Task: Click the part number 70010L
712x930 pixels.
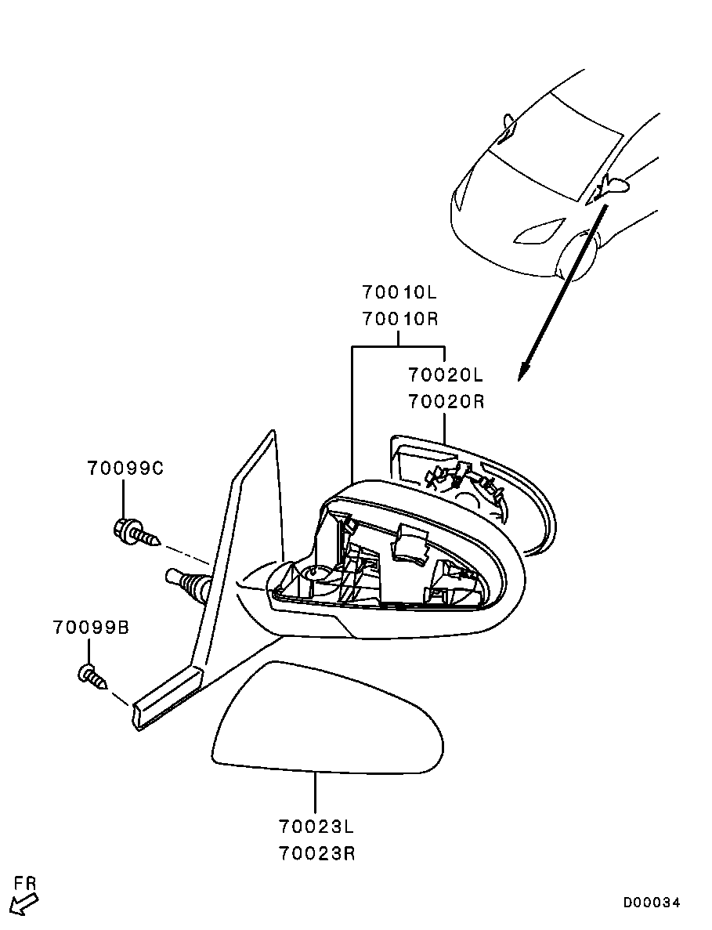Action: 399,293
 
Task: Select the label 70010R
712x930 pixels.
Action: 399,319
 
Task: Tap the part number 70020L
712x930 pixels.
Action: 446,375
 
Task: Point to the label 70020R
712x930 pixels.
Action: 446,401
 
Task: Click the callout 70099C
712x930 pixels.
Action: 125,469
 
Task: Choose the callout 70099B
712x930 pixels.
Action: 91,628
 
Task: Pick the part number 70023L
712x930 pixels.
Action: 316,826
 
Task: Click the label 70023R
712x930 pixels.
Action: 316,852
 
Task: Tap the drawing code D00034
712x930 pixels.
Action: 652,903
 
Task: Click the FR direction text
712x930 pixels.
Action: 25,884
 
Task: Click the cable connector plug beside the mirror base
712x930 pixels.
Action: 186,582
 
